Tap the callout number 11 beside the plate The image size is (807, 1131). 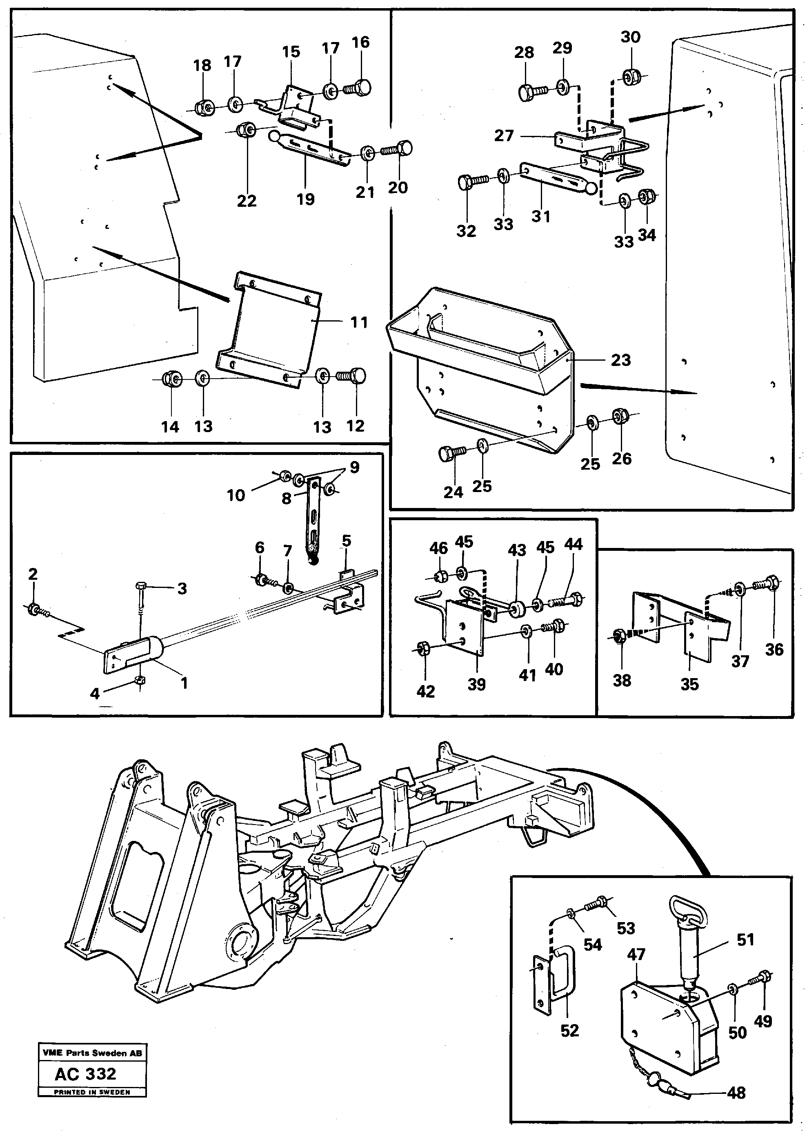click(x=359, y=322)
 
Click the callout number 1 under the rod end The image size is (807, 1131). click(x=184, y=683)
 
